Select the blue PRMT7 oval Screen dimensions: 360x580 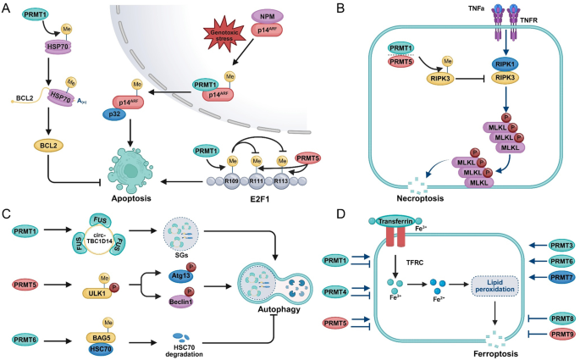point(539,277)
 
